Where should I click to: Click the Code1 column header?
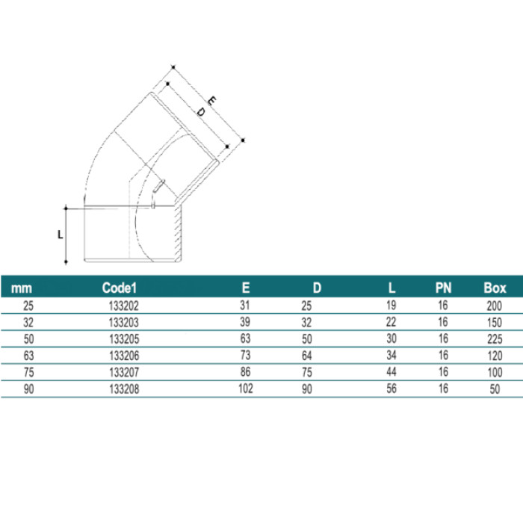click(120, 288)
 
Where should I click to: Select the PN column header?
click(443, 288)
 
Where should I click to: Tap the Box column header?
click(495, 288)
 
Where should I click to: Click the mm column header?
click(22, 288)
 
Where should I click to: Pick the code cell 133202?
click(124, 306)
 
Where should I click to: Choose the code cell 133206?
click(124, 356)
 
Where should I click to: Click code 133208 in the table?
click(124, 389)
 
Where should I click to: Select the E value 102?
click(246, 389)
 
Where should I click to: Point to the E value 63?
click(246, 338)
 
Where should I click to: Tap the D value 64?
click(307, 356)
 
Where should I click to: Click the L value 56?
click(392, 389)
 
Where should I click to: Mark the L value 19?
click(392, 305)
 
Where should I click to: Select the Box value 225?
click(495, 339)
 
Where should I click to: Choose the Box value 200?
click(495, 306)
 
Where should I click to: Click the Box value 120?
click(495, 356)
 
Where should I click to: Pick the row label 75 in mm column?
click(28, 372)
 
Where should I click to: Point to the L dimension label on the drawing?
click(60, 235)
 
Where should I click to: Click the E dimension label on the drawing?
click(211, 100)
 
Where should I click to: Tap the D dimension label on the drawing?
click(200, 112)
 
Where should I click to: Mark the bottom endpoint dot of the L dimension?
click(66, 261)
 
